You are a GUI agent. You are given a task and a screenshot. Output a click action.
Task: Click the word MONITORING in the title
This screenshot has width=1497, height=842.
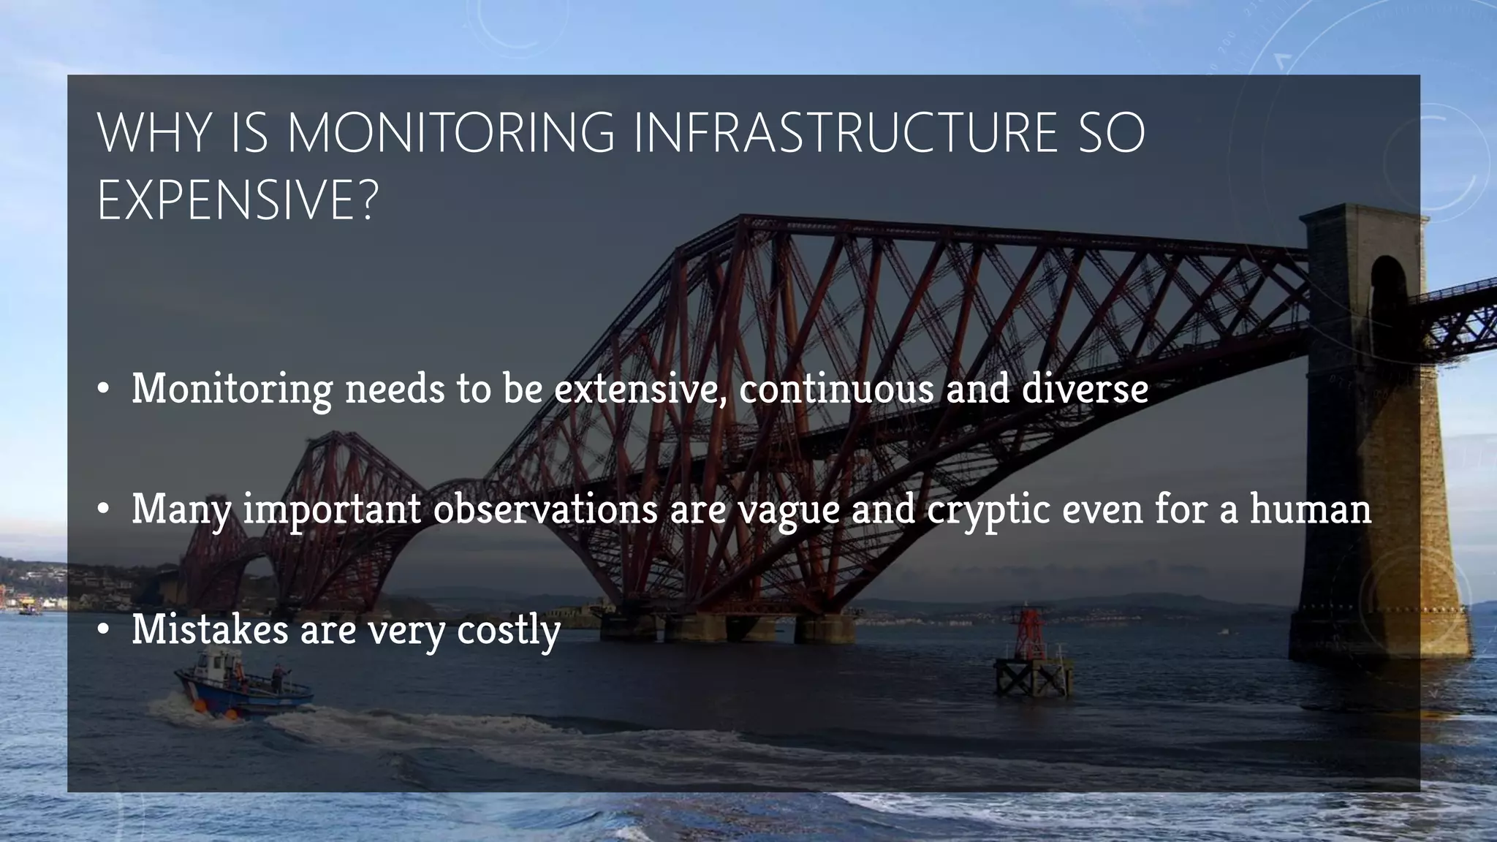pos(451,133)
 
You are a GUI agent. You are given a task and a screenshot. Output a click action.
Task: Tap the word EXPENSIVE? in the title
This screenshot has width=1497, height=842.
pos(238,201)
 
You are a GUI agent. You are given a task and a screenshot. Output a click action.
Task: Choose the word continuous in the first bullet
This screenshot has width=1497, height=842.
pos(836,388)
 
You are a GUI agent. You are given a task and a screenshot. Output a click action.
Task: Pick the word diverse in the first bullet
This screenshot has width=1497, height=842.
pos(1085,388)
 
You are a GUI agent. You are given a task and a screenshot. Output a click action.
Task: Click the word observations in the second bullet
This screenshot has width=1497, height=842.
pos(545,509)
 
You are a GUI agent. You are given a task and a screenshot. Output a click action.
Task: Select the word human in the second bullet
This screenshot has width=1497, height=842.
pos(1310,509)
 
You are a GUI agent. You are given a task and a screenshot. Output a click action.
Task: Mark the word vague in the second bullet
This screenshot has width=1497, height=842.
pos(789,510)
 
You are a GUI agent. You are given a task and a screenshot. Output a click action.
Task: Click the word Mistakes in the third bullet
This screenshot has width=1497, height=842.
pos(211,629)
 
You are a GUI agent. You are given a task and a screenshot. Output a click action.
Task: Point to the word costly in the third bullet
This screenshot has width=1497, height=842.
pos(509,631)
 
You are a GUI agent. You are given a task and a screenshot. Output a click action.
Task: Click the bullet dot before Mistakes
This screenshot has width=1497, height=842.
pos(104,629)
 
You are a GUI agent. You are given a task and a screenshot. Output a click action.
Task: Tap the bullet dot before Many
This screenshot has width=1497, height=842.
pos(104,509)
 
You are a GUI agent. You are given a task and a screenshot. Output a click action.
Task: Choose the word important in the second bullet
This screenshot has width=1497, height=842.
pos(333,510)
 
